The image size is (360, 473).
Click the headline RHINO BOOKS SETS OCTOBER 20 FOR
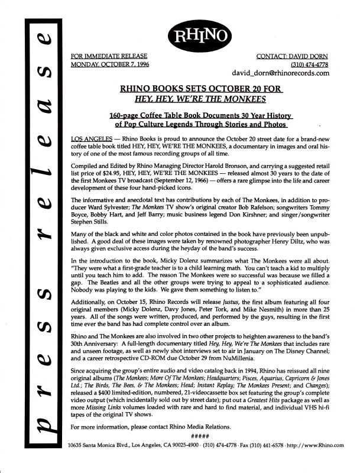(x=201, y=89)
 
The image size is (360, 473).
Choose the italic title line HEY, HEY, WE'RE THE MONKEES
(x=201, y=99)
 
